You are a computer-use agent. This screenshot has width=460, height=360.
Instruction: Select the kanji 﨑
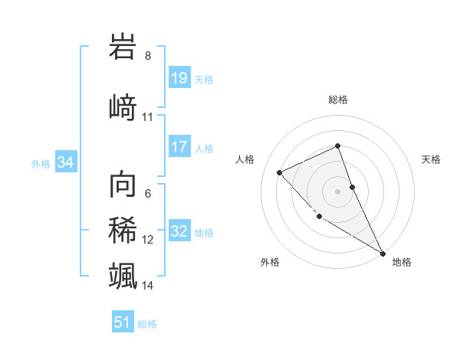[123, 106]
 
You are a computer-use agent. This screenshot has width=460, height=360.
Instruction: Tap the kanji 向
[123, 185]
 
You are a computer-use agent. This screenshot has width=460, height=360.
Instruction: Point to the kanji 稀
[123, 231]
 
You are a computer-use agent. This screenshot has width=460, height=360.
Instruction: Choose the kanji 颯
[123, 275]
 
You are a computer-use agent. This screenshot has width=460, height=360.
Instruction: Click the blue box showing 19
[179, 77]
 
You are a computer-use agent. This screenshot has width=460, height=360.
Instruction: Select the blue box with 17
[179, 147]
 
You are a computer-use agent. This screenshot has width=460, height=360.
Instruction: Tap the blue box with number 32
[179, 231]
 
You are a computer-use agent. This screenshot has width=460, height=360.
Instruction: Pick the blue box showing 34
[65, 162]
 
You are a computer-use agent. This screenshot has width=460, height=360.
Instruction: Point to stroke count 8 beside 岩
[148, 56]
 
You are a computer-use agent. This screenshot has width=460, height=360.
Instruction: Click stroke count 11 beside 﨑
[148, 117]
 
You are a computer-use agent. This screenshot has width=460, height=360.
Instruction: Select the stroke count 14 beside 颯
[148, 286]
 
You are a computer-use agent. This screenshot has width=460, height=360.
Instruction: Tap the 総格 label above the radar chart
[337, 100]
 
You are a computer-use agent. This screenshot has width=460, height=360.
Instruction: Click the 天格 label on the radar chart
[431, 159]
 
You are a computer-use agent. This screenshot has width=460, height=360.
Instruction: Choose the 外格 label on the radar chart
[270, 262]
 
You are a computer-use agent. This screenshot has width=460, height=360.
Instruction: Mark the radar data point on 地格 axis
[383, 253]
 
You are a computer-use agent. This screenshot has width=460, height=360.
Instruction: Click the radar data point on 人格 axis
[280, 172]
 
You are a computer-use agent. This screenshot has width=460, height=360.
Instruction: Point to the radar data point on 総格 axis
[337, 146]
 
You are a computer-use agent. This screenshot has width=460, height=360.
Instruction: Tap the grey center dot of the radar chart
[337, 191]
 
